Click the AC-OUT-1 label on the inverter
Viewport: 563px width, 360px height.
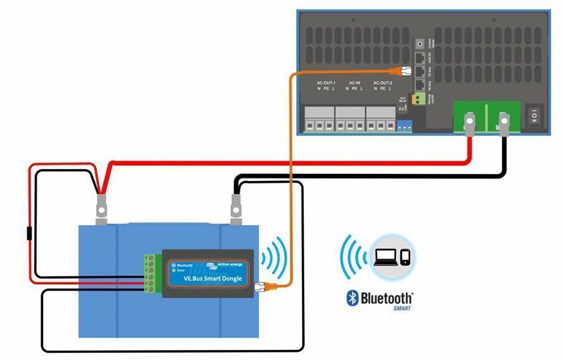click(326, 83)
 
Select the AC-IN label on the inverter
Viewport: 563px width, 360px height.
click(354, 83)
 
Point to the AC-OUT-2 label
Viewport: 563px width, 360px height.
click(382, 83)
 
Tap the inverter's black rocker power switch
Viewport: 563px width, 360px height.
click(535, 116)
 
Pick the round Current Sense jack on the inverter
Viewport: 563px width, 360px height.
click(419, 44)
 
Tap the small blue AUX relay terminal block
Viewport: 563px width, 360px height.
click(404, 127)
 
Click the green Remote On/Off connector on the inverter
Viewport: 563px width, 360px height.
click(418, 99)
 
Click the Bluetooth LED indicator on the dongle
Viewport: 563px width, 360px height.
click(173, 265)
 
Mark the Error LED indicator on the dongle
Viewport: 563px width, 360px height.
click(173, 271)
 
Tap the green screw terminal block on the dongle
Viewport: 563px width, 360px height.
click(151, 275)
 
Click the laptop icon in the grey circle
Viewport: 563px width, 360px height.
click(387, 257)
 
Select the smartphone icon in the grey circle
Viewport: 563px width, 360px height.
click(405, 258)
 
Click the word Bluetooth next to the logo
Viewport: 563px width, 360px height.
click(387, 297)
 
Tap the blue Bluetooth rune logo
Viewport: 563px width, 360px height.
click(352, 298)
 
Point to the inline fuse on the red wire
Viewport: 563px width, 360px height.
click(28, 233)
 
